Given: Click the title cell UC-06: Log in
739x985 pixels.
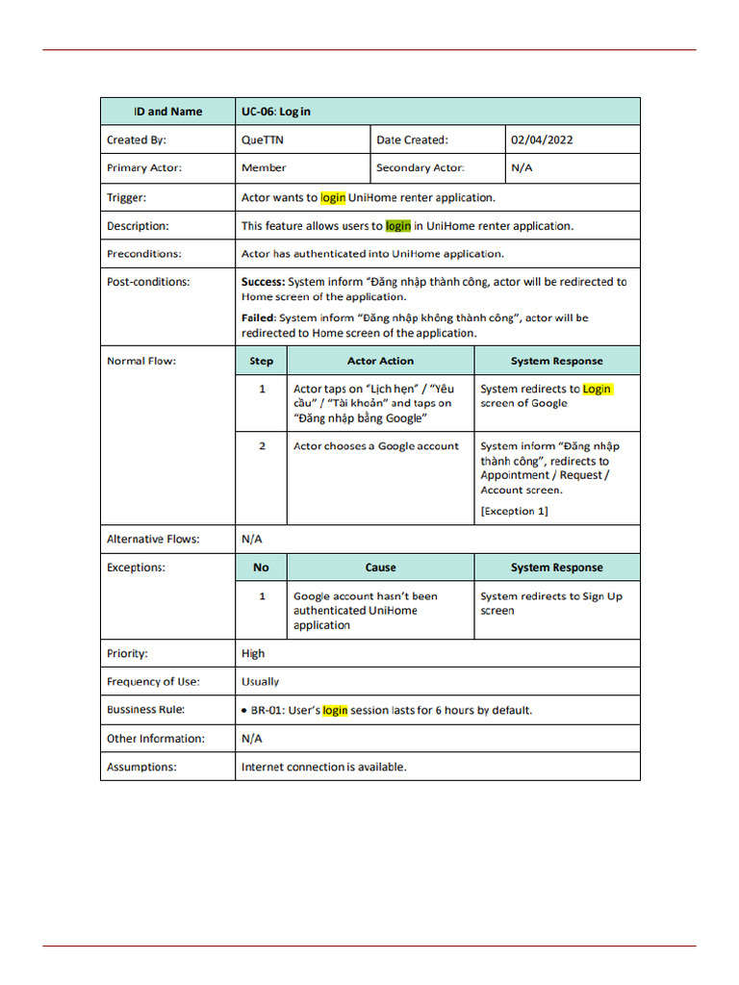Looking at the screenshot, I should (276, 112).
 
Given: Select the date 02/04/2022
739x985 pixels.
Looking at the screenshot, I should (542, 139).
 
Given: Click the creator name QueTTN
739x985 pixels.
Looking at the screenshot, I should (263, 139).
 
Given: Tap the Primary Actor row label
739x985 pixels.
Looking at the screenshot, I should (143, 167).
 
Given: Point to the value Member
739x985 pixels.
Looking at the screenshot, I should (264, 167).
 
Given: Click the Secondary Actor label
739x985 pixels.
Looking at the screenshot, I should (420, 167).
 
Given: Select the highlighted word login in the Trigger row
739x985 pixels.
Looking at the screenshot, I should (333, 197).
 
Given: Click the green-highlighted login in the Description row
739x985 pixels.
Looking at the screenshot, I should (397, 226).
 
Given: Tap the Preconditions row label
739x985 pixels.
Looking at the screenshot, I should (143, 254).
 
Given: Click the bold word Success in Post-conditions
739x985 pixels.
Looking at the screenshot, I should (263, 282).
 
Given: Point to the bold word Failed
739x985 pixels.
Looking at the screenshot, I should (258, 317).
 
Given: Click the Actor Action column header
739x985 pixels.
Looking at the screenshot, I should (380, 361).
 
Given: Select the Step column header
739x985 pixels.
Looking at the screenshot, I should (261, 361).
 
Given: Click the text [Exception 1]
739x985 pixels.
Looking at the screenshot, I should (514, 511).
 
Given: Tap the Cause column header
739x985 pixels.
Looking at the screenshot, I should (380, 568).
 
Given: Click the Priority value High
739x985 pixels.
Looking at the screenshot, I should (253, 653).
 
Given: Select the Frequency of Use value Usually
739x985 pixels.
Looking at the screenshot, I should (260, 681).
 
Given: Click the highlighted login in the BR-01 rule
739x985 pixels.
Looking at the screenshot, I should (335, 710).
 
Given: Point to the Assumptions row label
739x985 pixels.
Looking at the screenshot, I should (141, 767).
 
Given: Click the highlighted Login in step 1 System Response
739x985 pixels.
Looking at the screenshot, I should (597, 389).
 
